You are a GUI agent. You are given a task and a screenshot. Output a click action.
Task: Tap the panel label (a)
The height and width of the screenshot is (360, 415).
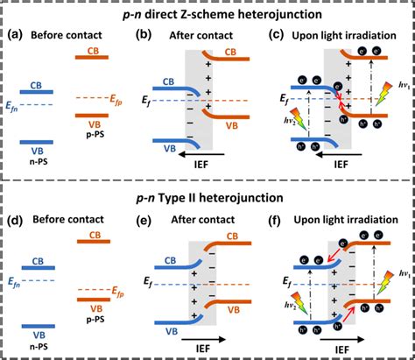tap(18, 36)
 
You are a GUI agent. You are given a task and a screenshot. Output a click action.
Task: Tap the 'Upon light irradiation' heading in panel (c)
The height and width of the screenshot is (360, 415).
tap(348, 36)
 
